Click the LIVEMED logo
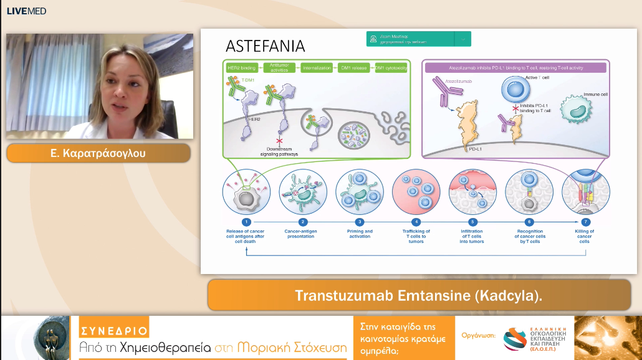coord(27,11)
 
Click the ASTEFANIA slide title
coord(265,46)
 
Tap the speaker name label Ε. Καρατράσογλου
coord(98,153)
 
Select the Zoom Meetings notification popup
coord(419,39)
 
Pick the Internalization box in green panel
coord(317,67)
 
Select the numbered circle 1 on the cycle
coord(246,222)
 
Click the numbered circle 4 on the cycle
coord(416,222)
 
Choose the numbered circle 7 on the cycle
coord(585,222)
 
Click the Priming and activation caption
coord(360,234)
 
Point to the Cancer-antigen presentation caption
coord(304,234)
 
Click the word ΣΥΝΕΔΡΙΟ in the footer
coord(114,330)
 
